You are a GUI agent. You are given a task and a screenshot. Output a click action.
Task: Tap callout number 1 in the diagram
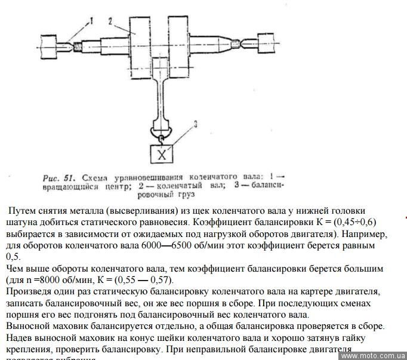91,20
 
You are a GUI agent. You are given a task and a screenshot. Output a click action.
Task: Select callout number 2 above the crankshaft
110,20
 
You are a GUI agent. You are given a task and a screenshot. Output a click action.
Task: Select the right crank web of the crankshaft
183,46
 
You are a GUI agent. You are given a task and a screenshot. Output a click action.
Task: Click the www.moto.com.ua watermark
373,355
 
